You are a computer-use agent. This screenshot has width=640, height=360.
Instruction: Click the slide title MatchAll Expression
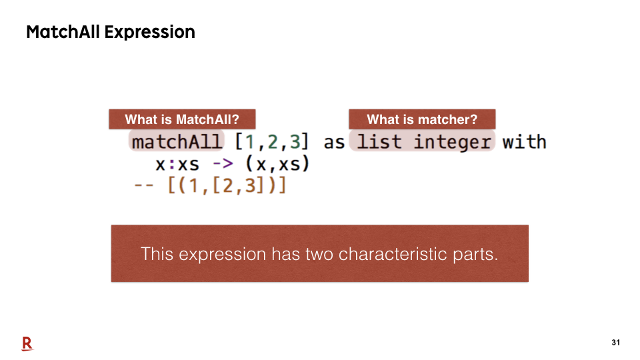point(111,32)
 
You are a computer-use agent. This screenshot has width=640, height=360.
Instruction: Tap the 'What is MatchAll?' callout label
point(182,119)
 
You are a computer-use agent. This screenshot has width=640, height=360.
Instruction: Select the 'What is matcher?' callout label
point(422,119)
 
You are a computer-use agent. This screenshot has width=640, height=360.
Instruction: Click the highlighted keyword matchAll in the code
point(177,141)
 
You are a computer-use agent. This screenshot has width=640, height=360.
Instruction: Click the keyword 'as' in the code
point(334,143)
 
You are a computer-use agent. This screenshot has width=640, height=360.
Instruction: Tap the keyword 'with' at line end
point(525,141)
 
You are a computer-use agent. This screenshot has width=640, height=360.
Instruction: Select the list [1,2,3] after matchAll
point(272,142)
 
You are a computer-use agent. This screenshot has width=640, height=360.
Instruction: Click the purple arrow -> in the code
point(223,164)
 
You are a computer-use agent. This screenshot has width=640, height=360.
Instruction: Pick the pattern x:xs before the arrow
point(177,165)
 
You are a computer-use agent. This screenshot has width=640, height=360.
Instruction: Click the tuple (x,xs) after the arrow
point(277,164)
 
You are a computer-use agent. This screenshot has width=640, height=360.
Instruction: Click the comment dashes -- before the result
point(144,185)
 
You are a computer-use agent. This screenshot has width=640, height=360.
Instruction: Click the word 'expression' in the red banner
point(222,255)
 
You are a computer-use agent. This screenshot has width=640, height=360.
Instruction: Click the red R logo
point(27,344)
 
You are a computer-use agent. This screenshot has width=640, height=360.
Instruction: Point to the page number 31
point(616,343)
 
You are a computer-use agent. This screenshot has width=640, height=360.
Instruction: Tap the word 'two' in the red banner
point(319,255)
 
